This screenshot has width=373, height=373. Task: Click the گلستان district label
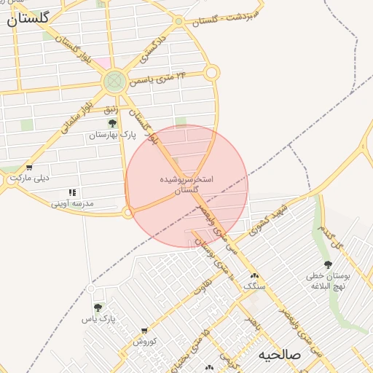[x=28, y=19]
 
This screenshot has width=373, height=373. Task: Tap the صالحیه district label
[x=280, y=355]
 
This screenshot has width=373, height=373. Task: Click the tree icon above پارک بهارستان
[x=112, y=124]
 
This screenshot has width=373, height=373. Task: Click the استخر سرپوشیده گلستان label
[x=186, y=184]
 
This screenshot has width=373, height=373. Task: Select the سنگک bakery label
[x=254, y=286]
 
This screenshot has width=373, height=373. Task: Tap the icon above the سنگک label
[x=254, y=276]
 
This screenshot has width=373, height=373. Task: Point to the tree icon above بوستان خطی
[x=328, y=265]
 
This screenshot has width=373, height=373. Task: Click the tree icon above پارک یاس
[x=98, y=308]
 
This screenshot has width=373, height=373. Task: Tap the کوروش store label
[x=144, y=341]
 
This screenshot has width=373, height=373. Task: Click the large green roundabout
[x=114, y=80]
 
